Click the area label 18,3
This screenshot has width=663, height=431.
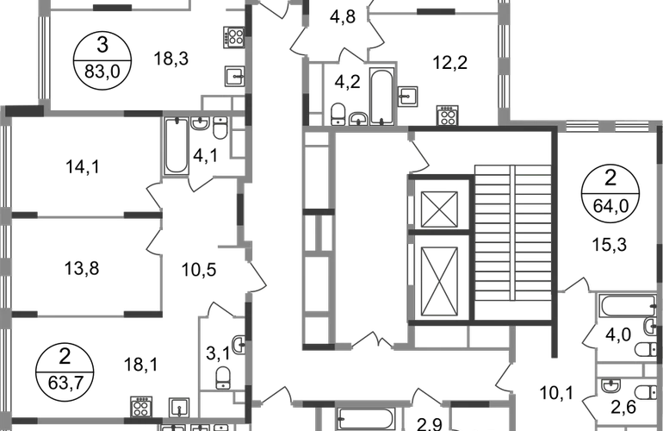point(170,59)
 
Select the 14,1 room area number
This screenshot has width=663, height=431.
point(83,166)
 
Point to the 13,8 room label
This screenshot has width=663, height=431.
point(82,268)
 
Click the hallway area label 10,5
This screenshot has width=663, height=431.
point(199,270)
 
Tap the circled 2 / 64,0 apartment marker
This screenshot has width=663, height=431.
point(610,193)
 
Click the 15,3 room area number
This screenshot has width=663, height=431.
point(610,244)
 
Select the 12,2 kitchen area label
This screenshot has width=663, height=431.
point(449,63)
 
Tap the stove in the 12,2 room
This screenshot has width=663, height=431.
point(448,116)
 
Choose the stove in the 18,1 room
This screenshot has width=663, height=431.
point(141,407)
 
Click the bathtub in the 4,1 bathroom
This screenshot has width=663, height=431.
point(177,146)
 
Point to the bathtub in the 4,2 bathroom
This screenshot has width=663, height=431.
point(381,96)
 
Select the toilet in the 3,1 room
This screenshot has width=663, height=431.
point(223,378)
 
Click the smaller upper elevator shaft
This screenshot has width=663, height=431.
point(440,209)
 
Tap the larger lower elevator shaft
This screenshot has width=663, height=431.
point(440,282)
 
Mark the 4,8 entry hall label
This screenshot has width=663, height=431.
point(343,17)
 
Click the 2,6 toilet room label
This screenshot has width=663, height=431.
point(623,407)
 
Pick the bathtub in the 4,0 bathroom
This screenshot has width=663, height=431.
point(627,306)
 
